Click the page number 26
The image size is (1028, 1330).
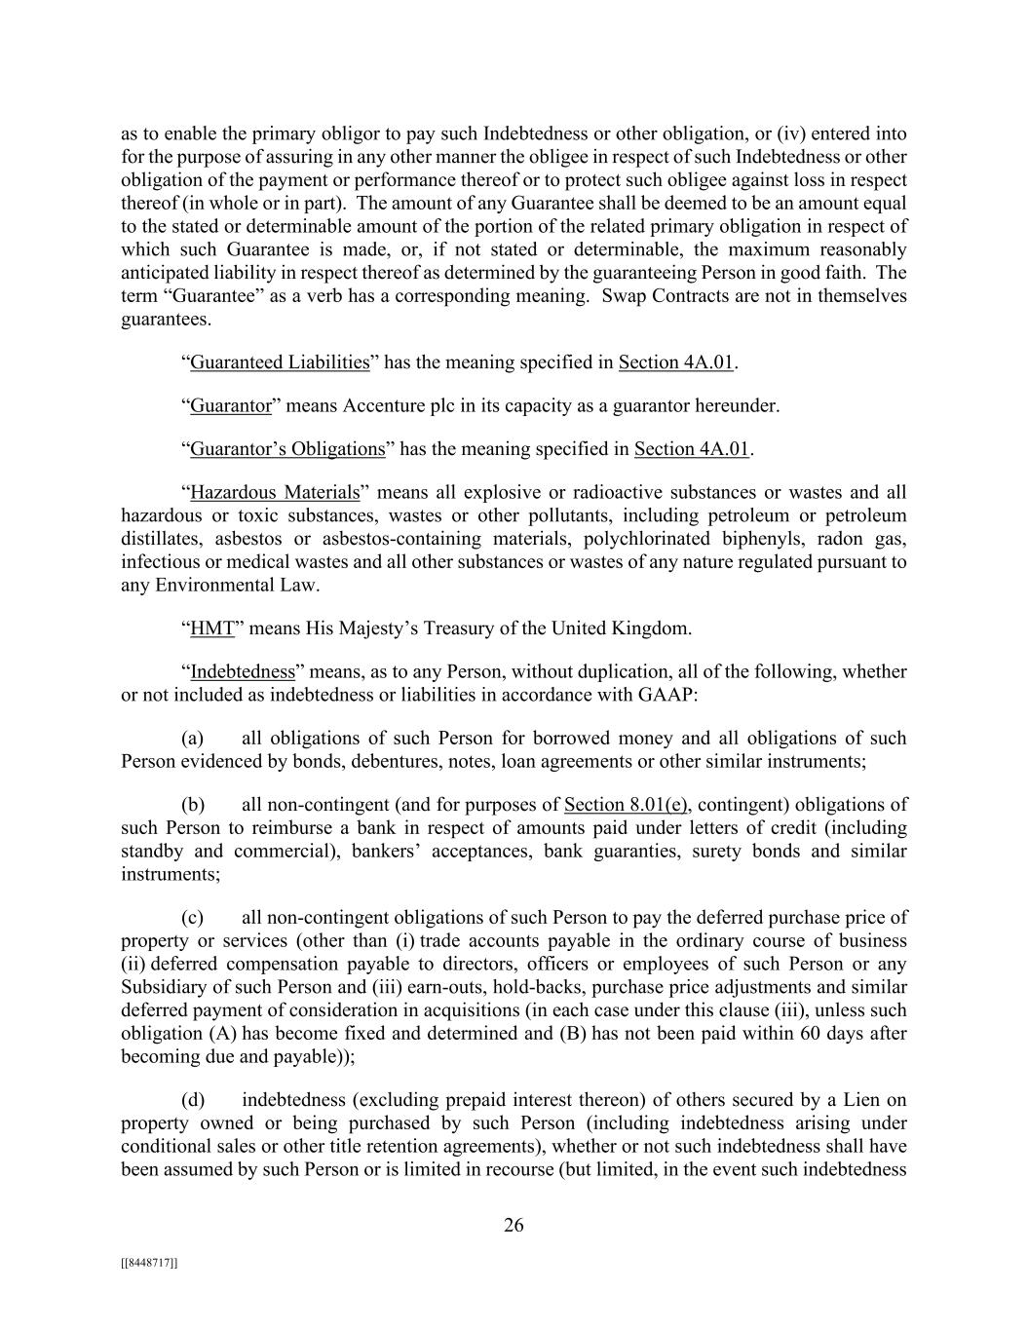coord(514,1226)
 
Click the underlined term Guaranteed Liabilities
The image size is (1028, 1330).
coord(280,362)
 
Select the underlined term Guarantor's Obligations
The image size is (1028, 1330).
coord(287,449)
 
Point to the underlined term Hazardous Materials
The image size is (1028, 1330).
coord(275,492)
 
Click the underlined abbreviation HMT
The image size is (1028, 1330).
coord(212,628)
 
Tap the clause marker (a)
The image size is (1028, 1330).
coord(192,739)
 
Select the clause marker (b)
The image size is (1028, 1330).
coord(193,805)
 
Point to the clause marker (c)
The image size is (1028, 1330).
coord(192,918)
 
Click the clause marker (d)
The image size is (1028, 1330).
coord(193,1100)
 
